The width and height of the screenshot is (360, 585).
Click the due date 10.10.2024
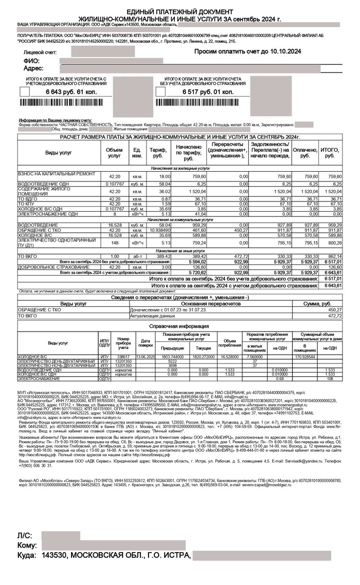coord(282,52)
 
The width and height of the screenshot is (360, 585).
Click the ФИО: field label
coord(31,61)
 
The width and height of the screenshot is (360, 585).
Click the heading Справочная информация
coord(179,326)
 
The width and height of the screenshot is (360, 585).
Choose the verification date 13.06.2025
coord(146,356)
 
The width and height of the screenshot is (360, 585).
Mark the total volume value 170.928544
coord(305,356)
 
